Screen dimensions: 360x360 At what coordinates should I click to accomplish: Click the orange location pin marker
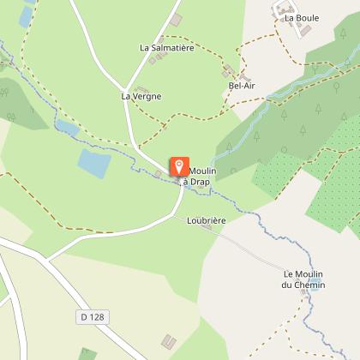pos(179,166)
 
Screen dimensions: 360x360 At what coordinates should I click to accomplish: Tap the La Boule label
pos(301,17)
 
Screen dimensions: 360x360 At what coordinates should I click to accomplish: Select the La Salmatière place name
pos(167,48)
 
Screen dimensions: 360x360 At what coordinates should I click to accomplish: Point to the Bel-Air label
pos(243,86)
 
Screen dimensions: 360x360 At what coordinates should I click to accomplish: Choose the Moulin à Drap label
pos(200,177)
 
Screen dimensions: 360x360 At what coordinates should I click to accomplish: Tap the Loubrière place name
pos(206,220)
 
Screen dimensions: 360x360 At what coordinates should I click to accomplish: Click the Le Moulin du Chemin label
pos(304,279)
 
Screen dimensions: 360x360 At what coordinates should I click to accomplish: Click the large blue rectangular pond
pos(94,162)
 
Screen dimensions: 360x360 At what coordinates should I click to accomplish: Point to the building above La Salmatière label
pos(176,20)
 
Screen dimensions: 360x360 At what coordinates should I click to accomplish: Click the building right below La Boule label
pos(303,31)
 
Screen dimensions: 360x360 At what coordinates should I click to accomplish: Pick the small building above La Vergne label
pos(141,87)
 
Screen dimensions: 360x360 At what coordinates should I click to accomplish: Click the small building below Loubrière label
pos(206,228)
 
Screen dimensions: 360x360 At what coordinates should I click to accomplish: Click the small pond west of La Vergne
pos(66,129)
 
